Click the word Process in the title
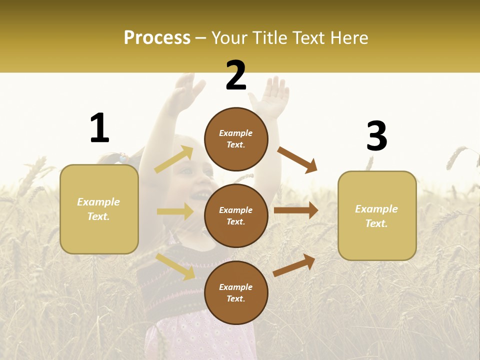[157, 38]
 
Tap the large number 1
[99, 128]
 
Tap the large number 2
[236, 76]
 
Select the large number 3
[376, 136]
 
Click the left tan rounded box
[99, 209]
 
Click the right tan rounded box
[377, 216]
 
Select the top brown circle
[236, 139]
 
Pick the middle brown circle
[236, 215]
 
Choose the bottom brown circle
[236, 292]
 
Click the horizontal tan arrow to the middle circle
[175, 211]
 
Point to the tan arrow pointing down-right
[175, 266]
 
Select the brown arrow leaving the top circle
[297, 159]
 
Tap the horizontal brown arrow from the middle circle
[296, 210]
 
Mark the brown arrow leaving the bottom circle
[294, 265]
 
